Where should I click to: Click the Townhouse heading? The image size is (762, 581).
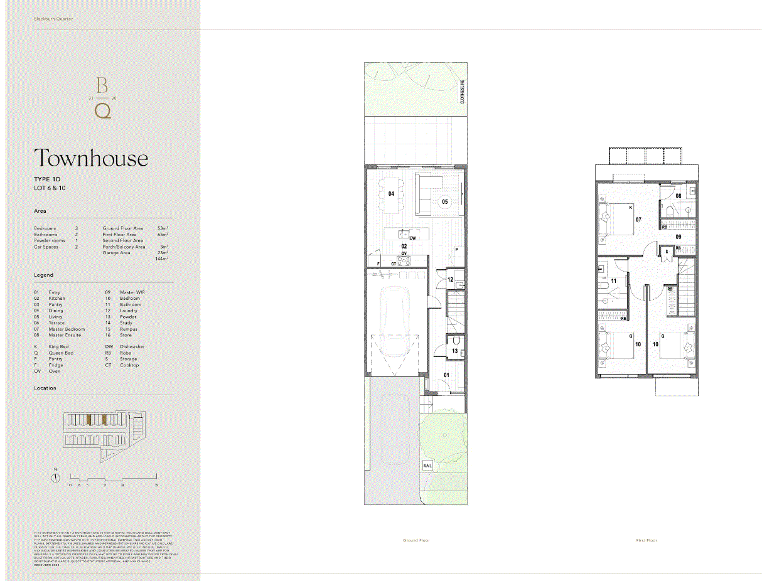point(91,158)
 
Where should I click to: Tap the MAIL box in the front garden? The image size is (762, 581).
point(427,466)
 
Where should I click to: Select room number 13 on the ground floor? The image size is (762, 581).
point(454,350)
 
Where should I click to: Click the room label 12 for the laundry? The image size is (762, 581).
point(450,279)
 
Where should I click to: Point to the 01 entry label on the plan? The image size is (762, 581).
point(447,375)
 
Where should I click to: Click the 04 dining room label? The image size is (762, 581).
point(391,195)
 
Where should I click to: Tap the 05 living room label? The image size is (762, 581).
point(444,202)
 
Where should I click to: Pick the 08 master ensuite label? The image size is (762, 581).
point(679,196)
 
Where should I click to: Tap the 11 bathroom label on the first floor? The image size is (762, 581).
point(614,280)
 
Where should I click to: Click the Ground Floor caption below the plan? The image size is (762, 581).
point(416,540)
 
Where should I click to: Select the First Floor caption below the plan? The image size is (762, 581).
point(647,540)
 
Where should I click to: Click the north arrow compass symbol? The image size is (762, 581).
point(56,477)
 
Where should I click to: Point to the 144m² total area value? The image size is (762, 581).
point(162,259)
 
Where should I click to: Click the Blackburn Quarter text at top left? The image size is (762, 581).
point(53,19)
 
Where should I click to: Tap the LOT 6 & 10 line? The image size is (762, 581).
point(50,188)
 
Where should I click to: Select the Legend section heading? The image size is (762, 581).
point(44,275)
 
